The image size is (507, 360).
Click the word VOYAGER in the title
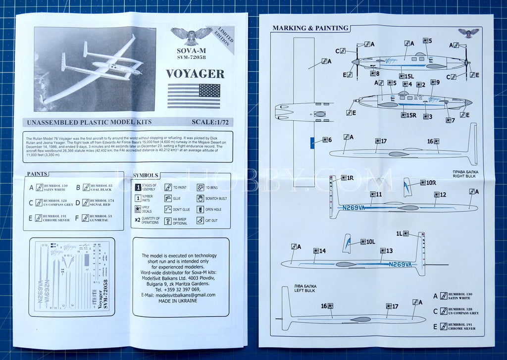click(x=195, y=74)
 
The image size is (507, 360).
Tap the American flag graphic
click(x=194, y=96)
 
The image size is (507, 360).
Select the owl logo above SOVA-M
click(x=191, y=35)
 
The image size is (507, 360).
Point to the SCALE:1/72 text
click(x=212, y=122)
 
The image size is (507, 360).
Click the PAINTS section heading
click(x=38, y=174)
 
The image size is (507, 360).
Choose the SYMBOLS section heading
click(x=146, y=175)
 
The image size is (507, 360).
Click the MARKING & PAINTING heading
click(x=310, y=28)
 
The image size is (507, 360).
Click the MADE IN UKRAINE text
click(x=181, y=301)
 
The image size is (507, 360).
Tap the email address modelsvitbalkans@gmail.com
click(x=181, y=295)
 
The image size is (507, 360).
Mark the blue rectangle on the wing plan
click(x=312, y=142)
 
